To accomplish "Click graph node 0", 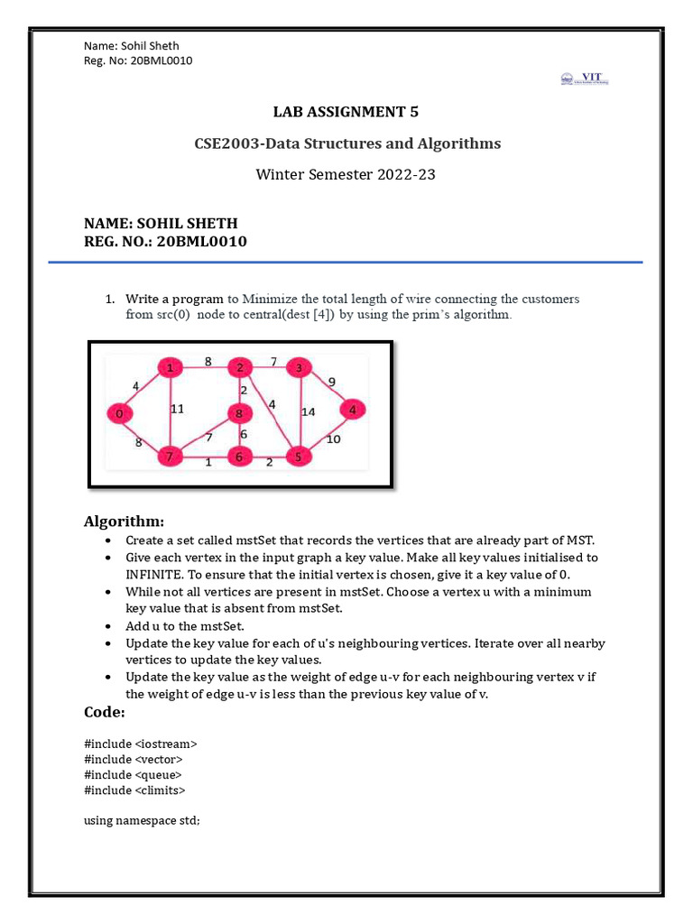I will (119, 413).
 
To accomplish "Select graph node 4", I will (354, 409).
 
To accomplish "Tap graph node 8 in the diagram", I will (239, 414).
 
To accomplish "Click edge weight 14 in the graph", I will (309, 411).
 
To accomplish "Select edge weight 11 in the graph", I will (177, 409).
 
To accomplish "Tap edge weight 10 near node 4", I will (333, 439).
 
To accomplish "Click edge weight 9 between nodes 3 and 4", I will (331, 381).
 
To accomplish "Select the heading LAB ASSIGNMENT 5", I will (346, 112).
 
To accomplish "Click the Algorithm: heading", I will (124, 522).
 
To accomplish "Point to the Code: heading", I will (105, 713).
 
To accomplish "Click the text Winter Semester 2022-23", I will (346, 174).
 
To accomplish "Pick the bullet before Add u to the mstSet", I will (108, 625).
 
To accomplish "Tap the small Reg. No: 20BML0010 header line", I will (138, 60).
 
